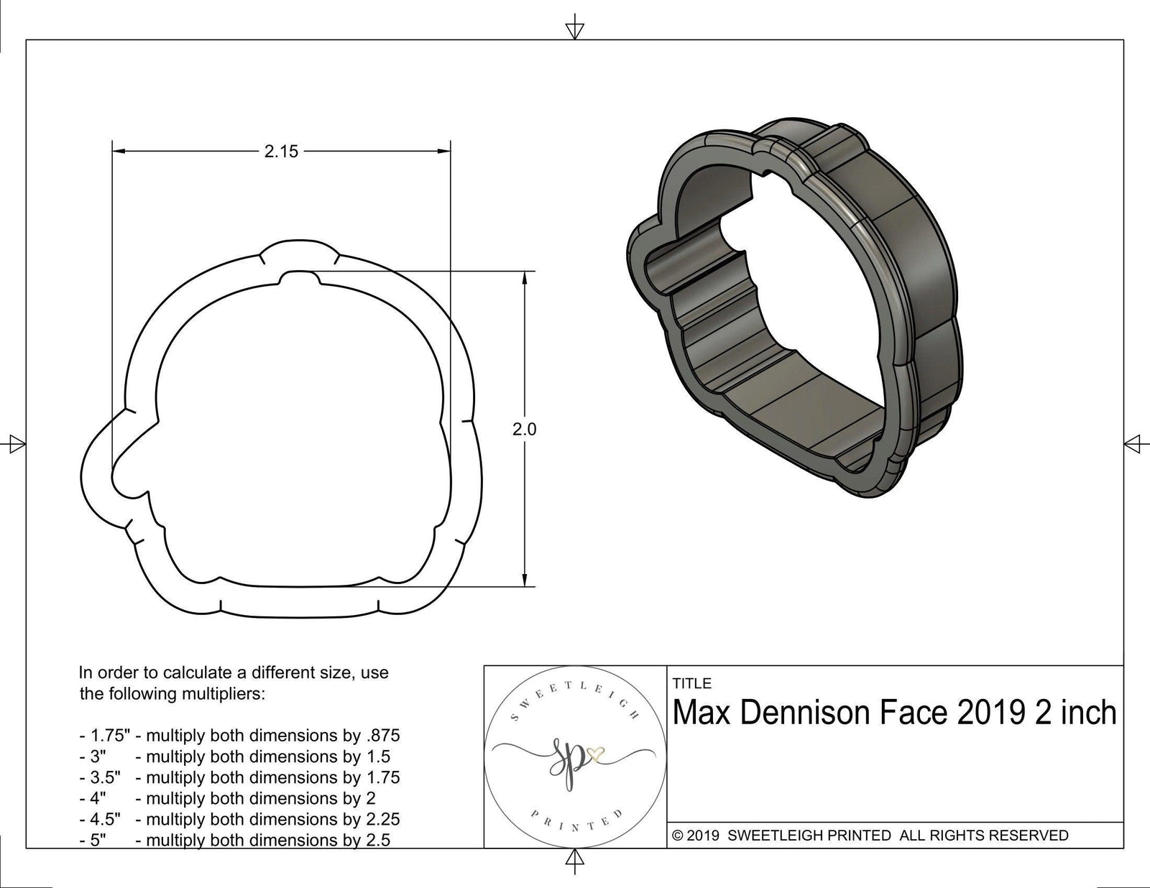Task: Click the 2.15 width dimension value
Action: (280, 152)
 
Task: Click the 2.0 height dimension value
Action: (524, 430)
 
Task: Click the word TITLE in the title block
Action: (691, 683)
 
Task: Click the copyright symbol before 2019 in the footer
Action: (676, 836)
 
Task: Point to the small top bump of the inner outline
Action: (297, 276)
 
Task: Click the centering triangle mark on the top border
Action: (574, 29)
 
